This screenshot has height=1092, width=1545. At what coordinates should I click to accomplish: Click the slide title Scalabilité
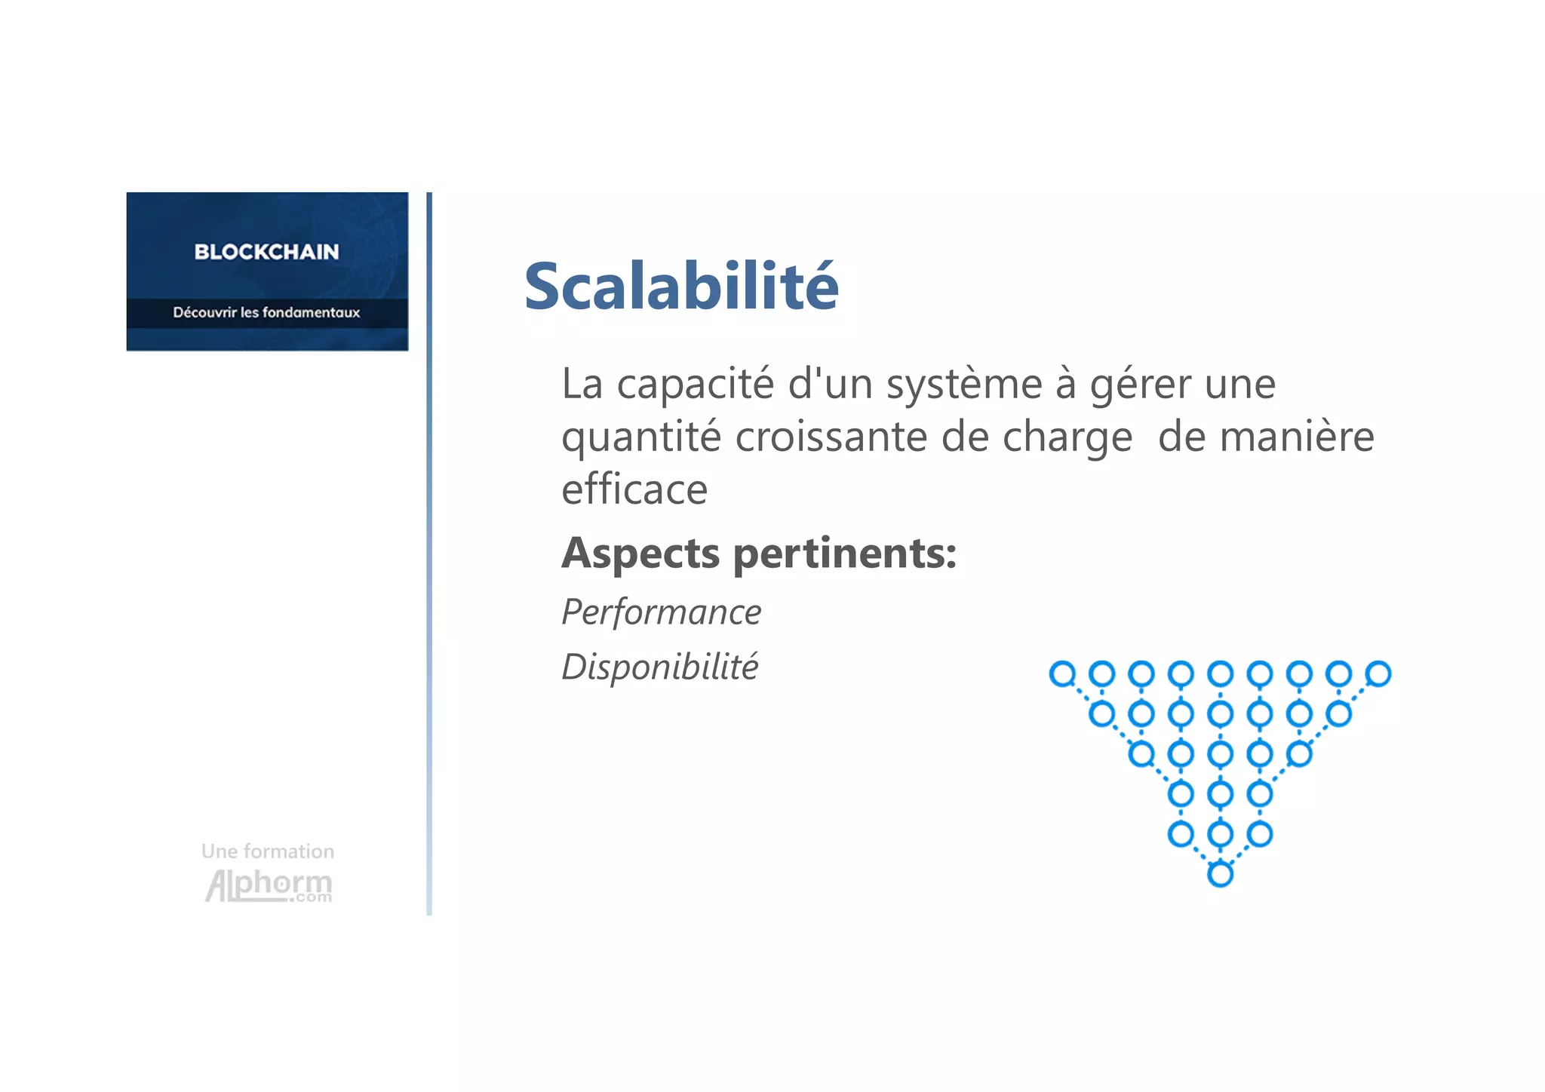click(x=681, y=286)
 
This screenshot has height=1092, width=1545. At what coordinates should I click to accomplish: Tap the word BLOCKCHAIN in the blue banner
click(x=266, y=252)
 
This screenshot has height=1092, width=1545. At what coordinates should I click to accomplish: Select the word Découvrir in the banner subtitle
click(x=204, y=312)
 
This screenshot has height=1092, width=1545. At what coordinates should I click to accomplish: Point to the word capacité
click(x=695, y=385)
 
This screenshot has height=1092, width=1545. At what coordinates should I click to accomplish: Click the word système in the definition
click(x=963, y=385)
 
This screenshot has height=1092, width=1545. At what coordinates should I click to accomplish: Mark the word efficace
click(x=634, y=489)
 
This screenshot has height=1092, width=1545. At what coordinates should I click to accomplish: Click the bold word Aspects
click(x=640, y=554)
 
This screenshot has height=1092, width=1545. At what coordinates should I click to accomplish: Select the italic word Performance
click(x=662, y=612)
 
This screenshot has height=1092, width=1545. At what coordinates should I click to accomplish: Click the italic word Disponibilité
click(x=660, y=667)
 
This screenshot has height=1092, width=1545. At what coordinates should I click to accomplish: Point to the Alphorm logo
click(x=269, y=885)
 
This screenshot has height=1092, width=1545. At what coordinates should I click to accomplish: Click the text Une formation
click(x=268, y=851)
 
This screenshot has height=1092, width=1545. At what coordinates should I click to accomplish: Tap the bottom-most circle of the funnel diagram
click(x=1220, y=875)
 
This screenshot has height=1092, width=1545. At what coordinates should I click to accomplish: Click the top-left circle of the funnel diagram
click(x=1062, y=673)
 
